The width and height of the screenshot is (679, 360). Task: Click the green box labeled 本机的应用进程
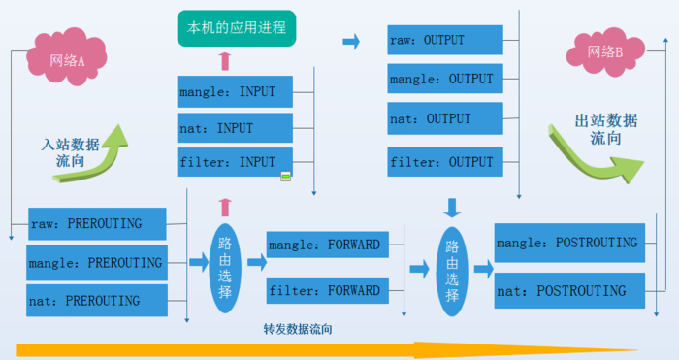(237, 28)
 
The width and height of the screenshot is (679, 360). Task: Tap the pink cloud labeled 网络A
(67, 57)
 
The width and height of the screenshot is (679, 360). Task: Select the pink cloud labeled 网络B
(605, 52)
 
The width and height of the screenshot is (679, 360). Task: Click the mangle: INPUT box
(235, 91)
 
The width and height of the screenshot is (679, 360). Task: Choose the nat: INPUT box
(235, 128)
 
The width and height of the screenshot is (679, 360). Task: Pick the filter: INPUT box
(235, 162)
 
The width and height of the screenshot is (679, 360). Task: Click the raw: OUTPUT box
(445, 40)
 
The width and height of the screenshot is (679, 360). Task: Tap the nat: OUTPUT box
(445, 118)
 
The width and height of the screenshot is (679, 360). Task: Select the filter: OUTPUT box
(445, 162)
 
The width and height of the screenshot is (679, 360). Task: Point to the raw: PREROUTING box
(97, 223)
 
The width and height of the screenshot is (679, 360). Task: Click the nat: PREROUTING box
(97, 300)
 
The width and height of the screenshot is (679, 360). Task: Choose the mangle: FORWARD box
(328, 245)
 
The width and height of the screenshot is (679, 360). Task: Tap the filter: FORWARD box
(328, 290)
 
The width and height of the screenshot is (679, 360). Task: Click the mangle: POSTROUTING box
(569, 243)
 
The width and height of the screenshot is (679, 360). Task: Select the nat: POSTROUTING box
(569, 291)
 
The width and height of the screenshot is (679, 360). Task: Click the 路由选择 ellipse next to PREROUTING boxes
(225, 268)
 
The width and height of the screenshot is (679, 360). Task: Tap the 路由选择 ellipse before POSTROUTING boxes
(452, 271)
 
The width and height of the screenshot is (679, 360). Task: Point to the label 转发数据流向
(298, 329)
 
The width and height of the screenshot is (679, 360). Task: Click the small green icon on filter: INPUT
(285, 176)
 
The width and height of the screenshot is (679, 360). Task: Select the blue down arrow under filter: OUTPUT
(452, 208)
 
